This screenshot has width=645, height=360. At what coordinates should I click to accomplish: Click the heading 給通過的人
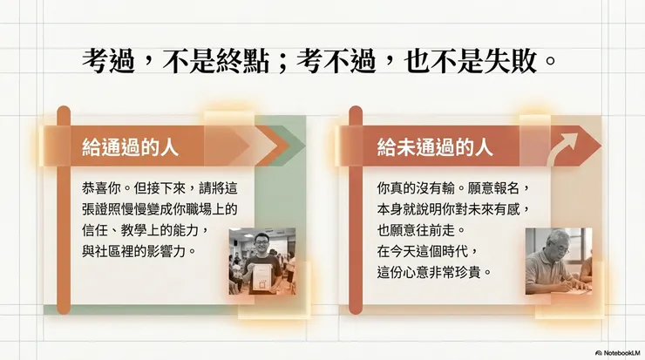coord(130,146)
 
